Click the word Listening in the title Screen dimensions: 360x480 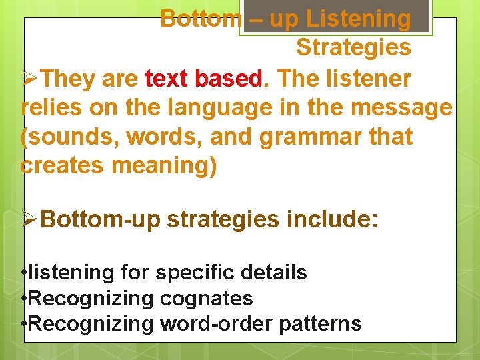(x=358, y=19)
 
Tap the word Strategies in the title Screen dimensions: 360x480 (x=353, y=48)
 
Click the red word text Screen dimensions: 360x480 (x=167, y=79)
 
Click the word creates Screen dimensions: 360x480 (x=61, y=165)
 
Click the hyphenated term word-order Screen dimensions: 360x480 (x=214, y=323)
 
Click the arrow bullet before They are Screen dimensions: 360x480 (x=30, y=79)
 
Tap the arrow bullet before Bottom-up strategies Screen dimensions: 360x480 (x=30, y=219)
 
